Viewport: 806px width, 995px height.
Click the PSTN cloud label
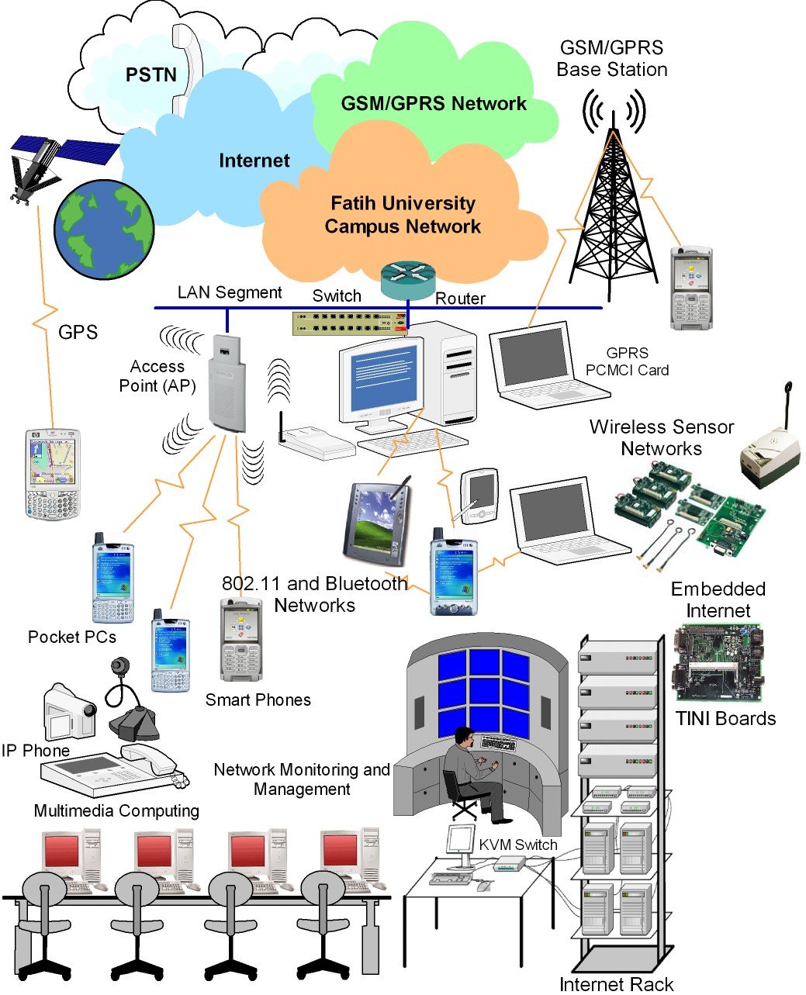[151, 74]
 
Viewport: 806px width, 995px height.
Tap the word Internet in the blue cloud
[254, 161]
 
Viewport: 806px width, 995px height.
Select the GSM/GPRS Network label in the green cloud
[433, 103]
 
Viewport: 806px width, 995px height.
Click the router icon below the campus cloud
[408, 280]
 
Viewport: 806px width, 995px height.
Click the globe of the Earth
[104, 230]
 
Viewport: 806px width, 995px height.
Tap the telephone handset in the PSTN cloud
[188, 70]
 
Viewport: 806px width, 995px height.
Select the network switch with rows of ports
[350, 323]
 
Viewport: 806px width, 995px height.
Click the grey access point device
[227, 383]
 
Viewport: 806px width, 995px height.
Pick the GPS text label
[78, 332]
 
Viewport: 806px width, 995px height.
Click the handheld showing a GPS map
[52, 472]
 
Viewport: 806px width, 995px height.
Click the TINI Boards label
[725, 718]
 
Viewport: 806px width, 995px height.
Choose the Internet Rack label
[616, 984]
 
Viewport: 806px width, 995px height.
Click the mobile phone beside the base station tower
[691, 288]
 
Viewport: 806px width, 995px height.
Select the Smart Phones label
[258, 700]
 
